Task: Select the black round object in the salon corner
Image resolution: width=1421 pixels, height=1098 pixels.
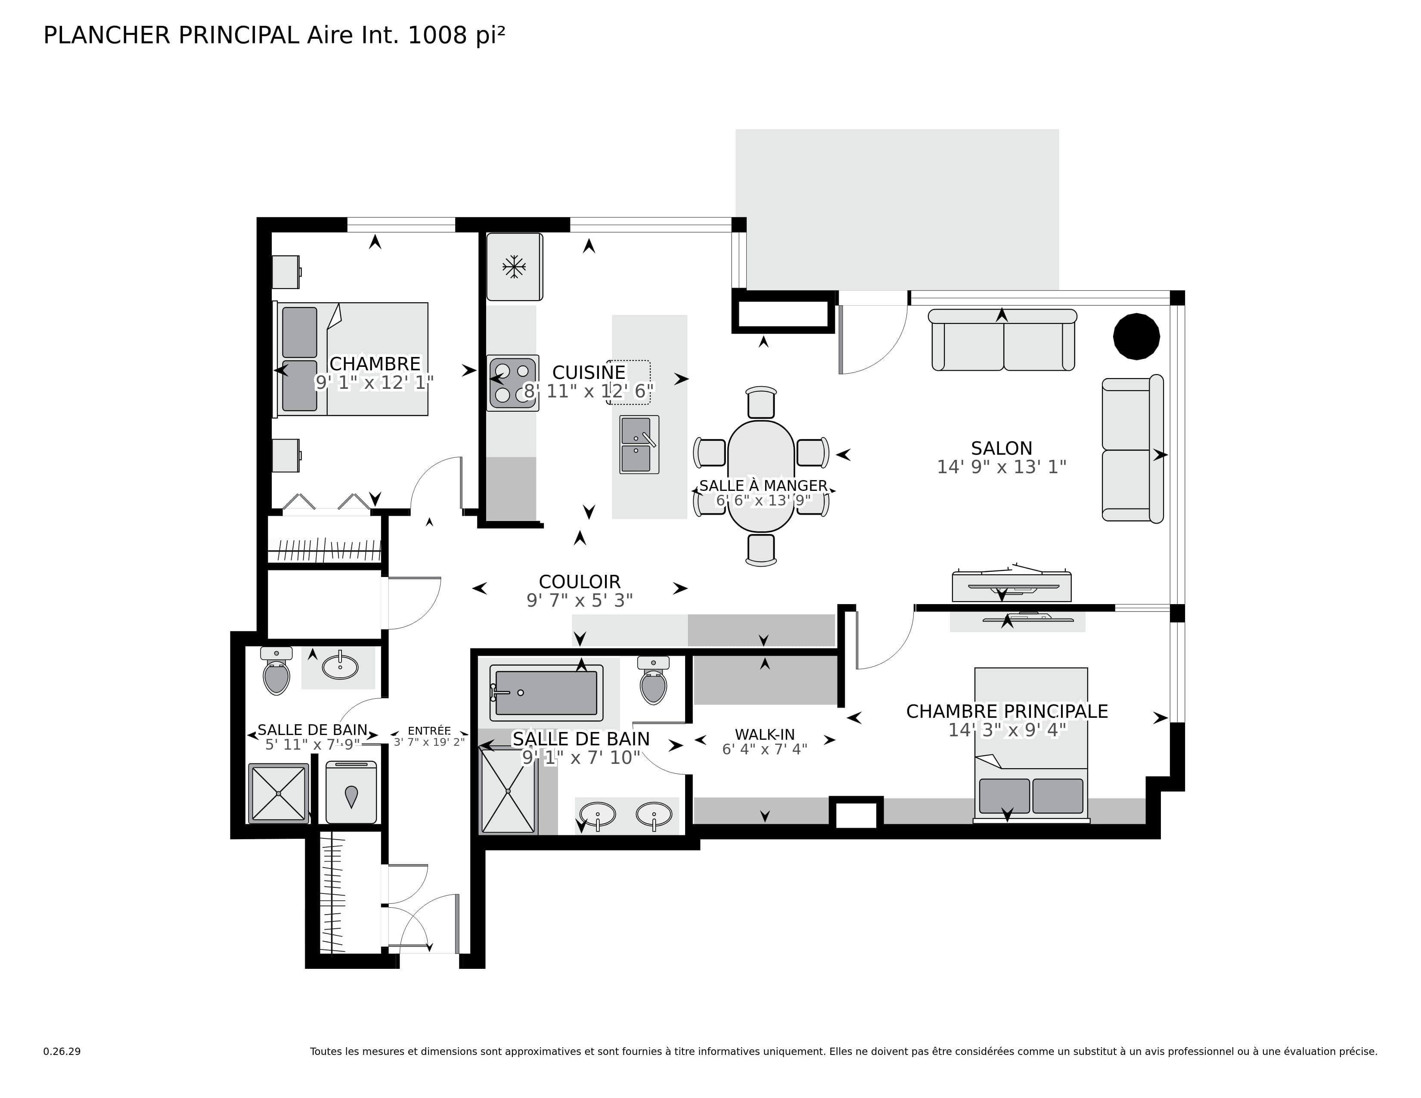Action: [x=1136, y=336]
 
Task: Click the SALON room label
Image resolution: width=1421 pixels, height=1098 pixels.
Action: [x=1001, y=448]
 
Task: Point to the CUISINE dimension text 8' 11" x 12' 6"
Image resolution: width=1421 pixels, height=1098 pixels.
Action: [x=588, y=391]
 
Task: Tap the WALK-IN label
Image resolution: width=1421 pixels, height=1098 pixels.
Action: [x=764, y=735]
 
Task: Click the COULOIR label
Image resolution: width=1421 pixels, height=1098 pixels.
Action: [x=579, y=582]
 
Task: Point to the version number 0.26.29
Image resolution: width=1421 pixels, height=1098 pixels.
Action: [x=62, y=1051]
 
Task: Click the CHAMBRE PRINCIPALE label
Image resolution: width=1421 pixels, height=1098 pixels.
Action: [x=1007, y=712]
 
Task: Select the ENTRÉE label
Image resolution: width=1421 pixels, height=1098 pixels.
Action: [x=429, y=730]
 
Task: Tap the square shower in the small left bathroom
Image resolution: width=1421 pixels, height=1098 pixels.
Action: [x=279, y=793]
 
